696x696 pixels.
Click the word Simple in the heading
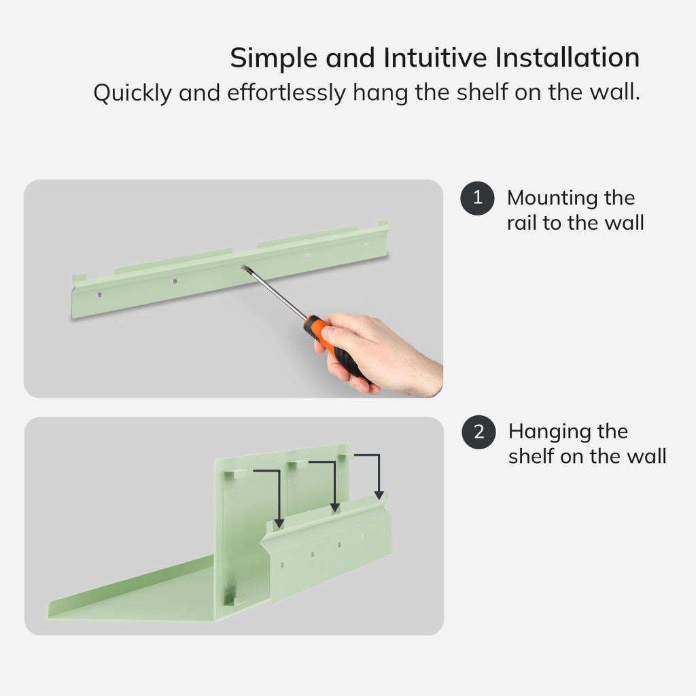click(x=274, y=58)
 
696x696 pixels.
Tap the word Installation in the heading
click(x=568, y=57)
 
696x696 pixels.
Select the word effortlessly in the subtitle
click(x=286, y=92)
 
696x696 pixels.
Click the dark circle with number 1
click(x=477, y=198)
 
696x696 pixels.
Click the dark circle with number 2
click(x=478, y=432)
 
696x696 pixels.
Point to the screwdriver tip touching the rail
click(x=244, y=268)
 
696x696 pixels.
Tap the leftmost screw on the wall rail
click(x=99, y=294)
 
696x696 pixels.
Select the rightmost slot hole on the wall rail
click(x=366, y=244)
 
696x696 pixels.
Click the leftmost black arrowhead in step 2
click(x=279, y=523)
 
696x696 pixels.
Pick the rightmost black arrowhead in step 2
click(x=379, y=495)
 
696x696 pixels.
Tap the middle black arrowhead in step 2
click(x=335, y=508)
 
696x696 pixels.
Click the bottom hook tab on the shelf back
click(x=234, y=601)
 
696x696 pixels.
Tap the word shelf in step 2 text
click(x=532, y=456)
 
